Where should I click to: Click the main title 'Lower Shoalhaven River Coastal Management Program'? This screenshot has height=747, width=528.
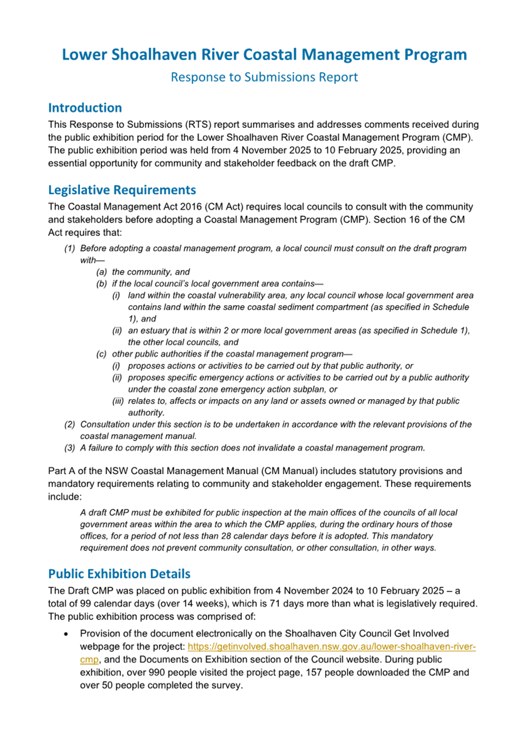264,55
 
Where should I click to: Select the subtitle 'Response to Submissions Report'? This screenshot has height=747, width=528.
264,77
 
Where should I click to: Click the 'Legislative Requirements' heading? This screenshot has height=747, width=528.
122,191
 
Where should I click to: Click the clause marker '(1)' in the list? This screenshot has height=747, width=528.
70,248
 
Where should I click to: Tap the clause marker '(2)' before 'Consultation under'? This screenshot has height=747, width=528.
70,424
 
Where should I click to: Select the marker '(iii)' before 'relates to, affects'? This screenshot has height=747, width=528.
119,401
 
